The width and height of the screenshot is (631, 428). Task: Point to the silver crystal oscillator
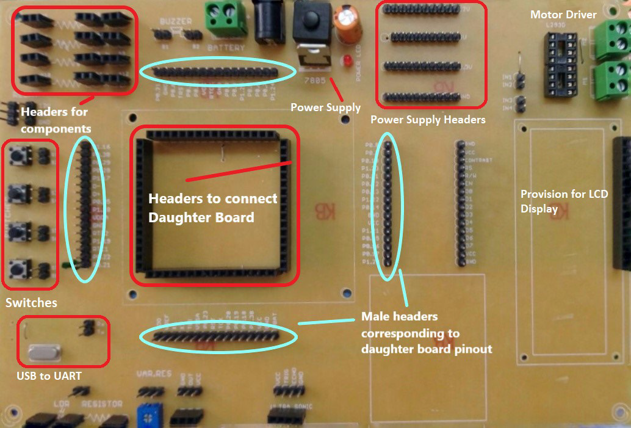click(45, 352)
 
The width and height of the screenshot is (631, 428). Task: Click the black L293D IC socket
click(561, 64)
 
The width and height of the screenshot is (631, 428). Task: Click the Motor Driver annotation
click(563, 14)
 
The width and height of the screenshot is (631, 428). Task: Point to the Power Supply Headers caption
click(427, 120)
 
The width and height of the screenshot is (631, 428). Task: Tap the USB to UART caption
click(49, 376)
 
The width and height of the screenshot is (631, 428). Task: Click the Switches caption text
click(31, 303)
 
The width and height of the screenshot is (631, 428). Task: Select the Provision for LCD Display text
click(563, 201)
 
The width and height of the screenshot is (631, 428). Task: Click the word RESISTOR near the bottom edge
click(103, 404)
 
